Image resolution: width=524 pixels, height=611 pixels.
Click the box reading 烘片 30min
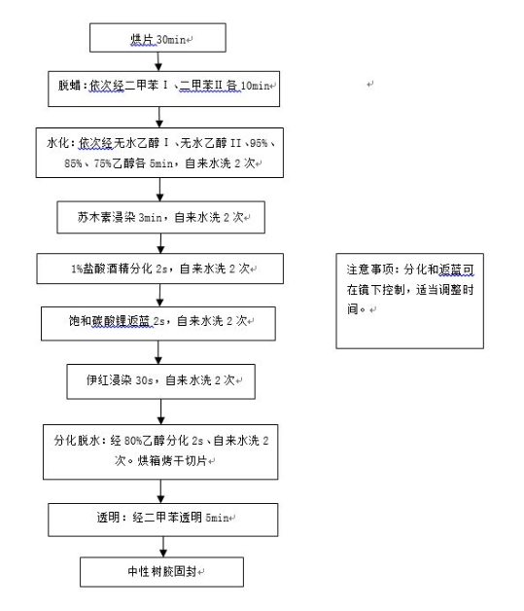157,37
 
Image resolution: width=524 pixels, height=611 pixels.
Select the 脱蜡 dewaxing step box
163,89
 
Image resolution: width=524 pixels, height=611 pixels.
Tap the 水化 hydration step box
159,153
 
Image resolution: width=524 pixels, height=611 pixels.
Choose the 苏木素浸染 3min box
160,217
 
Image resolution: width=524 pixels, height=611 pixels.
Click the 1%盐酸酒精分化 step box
160,269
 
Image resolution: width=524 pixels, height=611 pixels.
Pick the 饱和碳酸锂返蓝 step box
158,323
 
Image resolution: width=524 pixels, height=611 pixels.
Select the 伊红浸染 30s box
160,381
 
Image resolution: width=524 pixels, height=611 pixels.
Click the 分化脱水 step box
160,451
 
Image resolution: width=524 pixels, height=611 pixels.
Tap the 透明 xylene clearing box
163,520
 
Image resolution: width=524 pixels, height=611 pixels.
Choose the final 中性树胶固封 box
161,572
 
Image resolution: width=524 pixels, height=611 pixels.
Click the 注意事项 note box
409,301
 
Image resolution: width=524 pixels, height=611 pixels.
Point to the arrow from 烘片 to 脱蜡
158,61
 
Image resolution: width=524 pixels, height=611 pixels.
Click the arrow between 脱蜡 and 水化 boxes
159,117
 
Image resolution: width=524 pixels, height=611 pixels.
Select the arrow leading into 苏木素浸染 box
159,190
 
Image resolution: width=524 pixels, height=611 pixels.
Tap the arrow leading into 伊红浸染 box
158,352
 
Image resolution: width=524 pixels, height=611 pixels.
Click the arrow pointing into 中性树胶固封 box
163,547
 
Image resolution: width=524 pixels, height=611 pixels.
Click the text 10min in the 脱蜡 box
256,86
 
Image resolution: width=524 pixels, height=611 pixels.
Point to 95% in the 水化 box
259,143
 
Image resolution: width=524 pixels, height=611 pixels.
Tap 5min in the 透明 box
217,518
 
